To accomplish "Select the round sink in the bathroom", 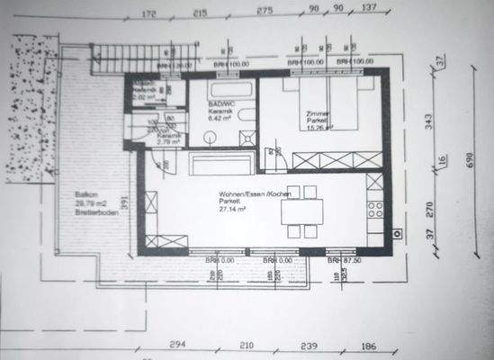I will (x=209, y=137).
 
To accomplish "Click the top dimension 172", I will (x=149, y=15).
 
